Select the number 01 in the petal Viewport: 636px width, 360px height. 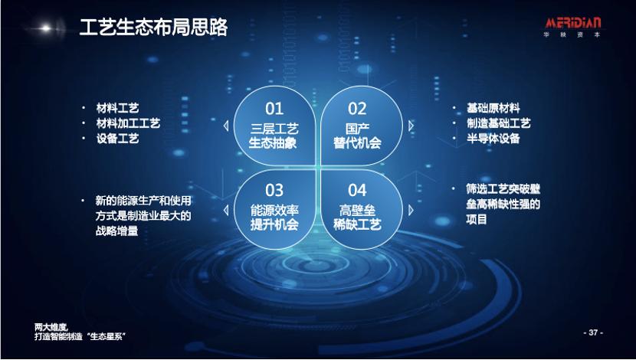[x=274, y=109]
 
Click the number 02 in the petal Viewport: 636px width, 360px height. [x=357, y=109]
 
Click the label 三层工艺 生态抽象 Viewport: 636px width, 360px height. [x=274, y=136]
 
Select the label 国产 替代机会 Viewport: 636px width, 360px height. [x=357, y=136]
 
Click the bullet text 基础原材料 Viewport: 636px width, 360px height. [x=493, y=108]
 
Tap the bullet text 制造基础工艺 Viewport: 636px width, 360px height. [x=498, y=123]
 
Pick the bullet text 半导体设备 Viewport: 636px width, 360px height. [x=493, y=139]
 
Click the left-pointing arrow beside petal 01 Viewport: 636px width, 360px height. [x=224, y=126]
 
